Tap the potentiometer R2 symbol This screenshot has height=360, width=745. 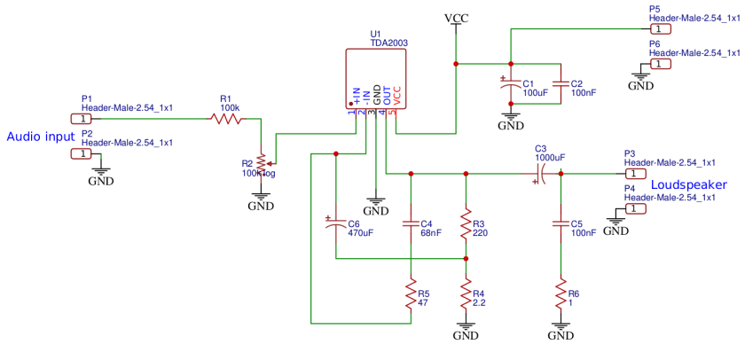tap(261, 162)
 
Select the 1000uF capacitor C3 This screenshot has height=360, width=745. tap(543, 174)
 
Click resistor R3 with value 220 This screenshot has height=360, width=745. tap(466, 227)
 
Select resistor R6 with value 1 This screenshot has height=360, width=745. tap(560, 294)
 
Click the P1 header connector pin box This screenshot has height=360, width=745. tap(81, 118)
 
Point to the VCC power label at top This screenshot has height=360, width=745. tap(456, 18)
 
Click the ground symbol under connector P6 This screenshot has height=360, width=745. tap(640, 80)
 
